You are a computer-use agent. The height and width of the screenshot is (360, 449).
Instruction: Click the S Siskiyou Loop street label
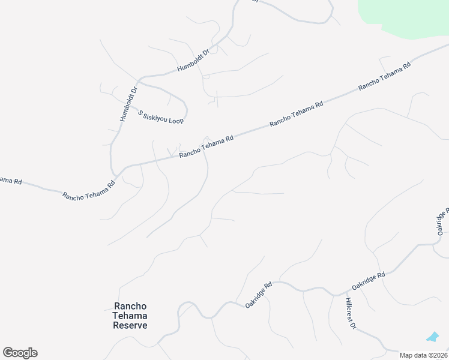click(x=161, y=116)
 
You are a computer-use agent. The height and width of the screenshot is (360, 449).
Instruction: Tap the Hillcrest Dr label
click(x=351, y=313)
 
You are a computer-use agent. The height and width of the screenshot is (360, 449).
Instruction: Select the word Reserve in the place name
click(x=130, y=325)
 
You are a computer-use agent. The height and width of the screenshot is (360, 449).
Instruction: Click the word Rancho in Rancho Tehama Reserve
click(x=130, y=306)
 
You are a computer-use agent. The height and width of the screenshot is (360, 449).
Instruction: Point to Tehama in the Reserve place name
click(x=130, y=316)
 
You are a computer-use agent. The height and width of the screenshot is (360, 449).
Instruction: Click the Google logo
click(x=20, y=353)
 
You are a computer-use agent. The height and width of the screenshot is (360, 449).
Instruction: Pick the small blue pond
click(x=432, y=337)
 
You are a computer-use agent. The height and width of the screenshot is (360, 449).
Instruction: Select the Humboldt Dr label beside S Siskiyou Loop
click(x=128, y=104)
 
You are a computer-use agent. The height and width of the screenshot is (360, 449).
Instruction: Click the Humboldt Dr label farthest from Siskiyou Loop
click(x=193, y=61)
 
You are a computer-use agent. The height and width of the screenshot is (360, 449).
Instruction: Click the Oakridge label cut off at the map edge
click(x=442, y=222)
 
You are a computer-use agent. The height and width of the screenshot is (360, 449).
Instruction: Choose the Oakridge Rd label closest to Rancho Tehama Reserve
click(x=259, y=295)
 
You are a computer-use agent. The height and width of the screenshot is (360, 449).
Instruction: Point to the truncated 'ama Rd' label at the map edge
click(x=11, y=179)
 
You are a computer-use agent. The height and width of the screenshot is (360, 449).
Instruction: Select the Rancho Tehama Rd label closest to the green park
click(x=384, y=76)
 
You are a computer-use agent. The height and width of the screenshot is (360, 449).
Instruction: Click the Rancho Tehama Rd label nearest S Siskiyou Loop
click(x=206, y=146)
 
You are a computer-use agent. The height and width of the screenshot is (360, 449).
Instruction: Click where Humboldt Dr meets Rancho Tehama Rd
click(x=116, y=174)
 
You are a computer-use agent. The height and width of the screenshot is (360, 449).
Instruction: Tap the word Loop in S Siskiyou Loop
click(x=176, y=121)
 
